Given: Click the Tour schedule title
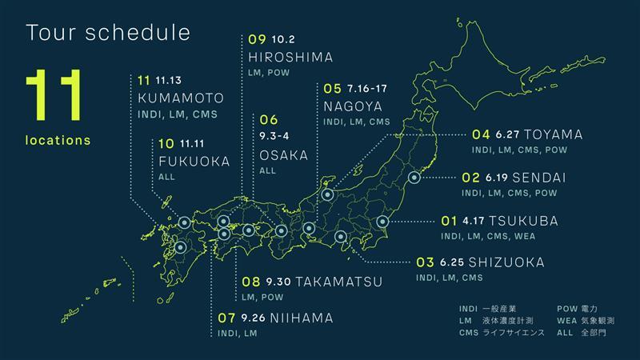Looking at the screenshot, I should (108, 33).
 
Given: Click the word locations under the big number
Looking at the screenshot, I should (58, 140).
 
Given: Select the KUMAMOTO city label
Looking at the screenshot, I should (180, 98).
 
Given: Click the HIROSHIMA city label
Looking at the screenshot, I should (290, 57).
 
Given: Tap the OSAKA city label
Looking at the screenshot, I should (284, 155).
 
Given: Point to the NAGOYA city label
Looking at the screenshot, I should (353, 106).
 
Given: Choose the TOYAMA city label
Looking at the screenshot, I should (554, 134).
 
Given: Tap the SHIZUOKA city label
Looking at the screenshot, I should (506, 262).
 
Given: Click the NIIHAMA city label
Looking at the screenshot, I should (302, 318).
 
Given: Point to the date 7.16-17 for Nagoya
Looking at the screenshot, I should (368, 88).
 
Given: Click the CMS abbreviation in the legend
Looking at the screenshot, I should (469, 331).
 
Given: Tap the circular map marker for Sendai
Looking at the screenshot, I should (414, 178).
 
